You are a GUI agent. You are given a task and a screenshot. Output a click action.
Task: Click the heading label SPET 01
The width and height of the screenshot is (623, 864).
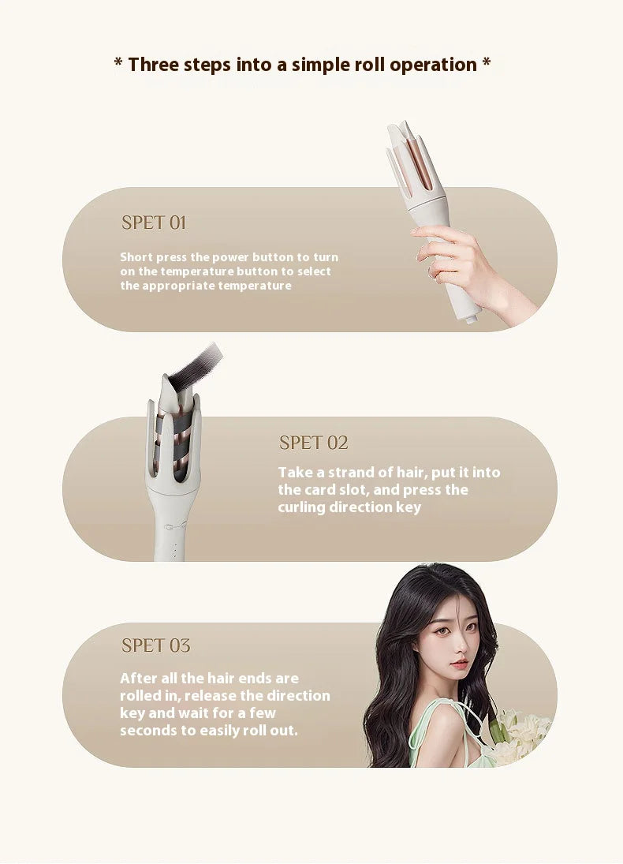(x=154, y=223)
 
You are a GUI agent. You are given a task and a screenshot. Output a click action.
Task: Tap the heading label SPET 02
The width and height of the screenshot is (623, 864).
(x=313, y=443)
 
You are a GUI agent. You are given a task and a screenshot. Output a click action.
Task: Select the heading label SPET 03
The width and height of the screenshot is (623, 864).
(x=155, y=645)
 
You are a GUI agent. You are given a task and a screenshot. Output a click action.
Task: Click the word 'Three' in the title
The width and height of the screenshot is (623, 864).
(x=154, y=65)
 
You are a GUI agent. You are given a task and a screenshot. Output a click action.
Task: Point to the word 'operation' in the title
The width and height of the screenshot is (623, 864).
(x=433, y=65)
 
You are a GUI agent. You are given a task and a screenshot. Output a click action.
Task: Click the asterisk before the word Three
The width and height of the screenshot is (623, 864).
(x=118, y=64)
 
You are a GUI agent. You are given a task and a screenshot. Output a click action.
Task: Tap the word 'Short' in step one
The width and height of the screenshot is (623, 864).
(x=136, y=257)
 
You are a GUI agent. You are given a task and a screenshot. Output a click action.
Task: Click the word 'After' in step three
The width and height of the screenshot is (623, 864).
(x=139, y=678)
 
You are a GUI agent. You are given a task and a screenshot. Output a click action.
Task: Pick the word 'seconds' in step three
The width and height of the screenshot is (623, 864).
(x=147, y=731)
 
